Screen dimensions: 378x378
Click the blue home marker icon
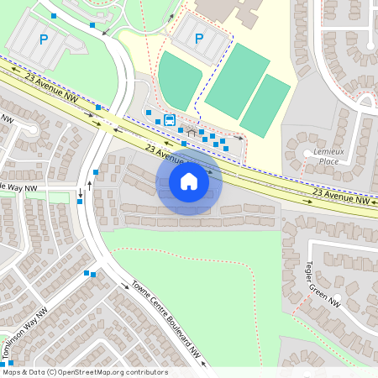189,181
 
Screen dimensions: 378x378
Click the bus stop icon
170,119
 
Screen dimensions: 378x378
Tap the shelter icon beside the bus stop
191,132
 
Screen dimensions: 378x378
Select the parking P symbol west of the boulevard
44,39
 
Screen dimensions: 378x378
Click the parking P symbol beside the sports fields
199,39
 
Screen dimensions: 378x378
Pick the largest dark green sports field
238,81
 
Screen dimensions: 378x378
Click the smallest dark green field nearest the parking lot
180,81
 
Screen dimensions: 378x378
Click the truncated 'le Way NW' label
18,187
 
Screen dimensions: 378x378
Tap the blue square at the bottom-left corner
11,363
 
